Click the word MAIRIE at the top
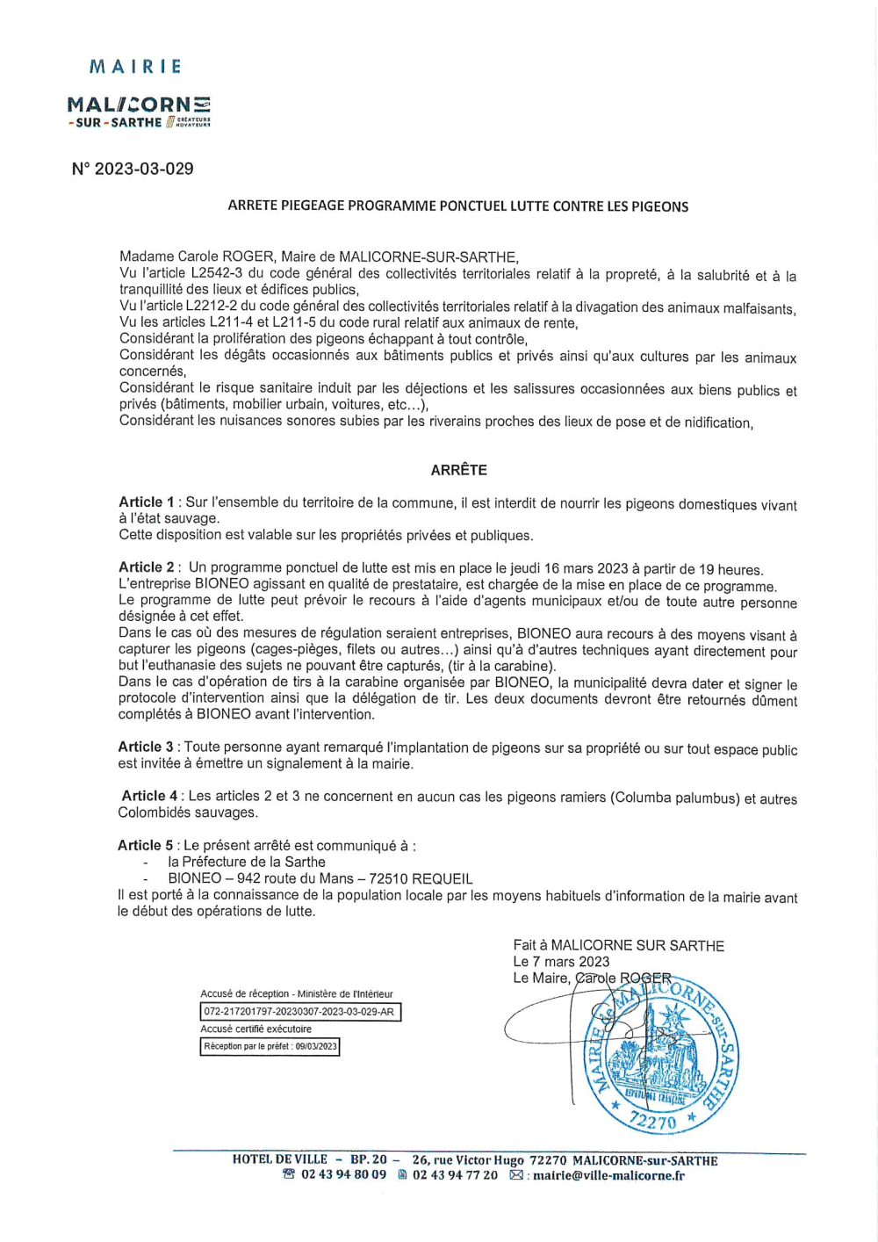click(136, 67)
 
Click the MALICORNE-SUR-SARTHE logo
click(139, 112)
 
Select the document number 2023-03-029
click(144, 169)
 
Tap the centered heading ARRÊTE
click(458, 470)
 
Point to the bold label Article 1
click(147, 502)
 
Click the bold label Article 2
click(147, 567)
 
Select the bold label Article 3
click(146, 747)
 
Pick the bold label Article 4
click(149, 796)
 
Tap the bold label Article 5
click(146, 845)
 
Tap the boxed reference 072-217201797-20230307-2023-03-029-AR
click(300, 1012)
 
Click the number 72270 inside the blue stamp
click(653, 1120)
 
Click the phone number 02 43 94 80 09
click(343, 1175)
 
